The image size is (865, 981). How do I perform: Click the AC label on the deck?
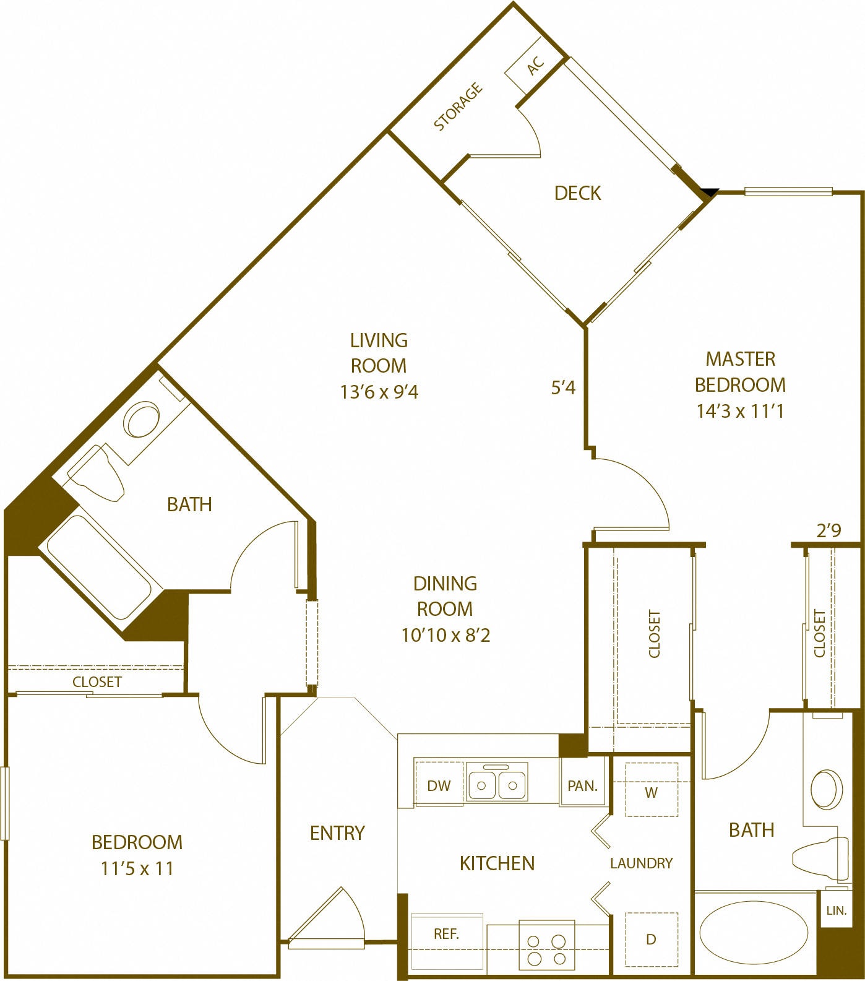pos(536,65)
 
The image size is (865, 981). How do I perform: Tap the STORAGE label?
pos(458,107)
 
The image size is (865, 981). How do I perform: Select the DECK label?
pos(577,193)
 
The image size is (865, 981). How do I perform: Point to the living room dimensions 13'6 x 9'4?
pos(379,392)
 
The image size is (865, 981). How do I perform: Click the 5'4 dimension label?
pos(563,388)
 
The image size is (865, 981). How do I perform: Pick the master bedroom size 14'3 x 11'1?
pos(740,412)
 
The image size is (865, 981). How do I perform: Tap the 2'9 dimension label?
pos(828,530)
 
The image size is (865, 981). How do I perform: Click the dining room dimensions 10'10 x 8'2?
pos(445,636)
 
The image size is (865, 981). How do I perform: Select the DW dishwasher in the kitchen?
pos(439,785)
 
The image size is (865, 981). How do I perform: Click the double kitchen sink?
pos(497,784)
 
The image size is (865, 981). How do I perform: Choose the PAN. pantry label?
pos(582,786)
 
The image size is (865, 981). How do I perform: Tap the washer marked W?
pos(651,792)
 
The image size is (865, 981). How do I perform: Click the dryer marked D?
pos(651,940)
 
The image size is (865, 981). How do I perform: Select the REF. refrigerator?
pos(446,935)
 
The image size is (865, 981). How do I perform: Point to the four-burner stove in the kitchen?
pos(547,950)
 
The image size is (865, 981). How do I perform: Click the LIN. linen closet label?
pos(836,910)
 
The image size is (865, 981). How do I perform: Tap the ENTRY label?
pos(337,833)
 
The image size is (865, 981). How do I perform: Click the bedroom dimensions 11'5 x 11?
pos(137,869)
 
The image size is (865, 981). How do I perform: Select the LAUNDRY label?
pos(641,863)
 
